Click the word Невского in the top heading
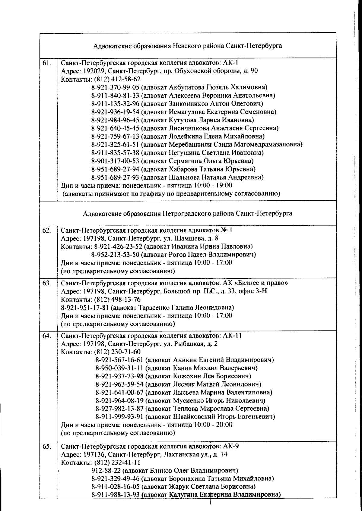pos(189,46)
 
